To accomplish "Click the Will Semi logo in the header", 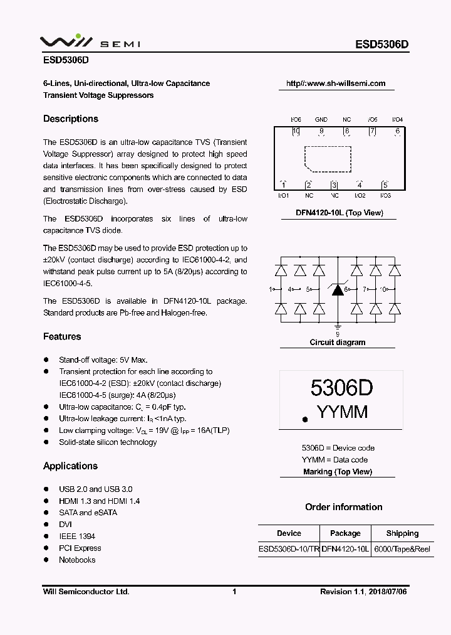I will [x=90, y=42].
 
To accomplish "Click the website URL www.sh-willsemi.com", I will [x=335, y=83].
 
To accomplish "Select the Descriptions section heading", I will [x=71, y=119].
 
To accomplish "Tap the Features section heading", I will [x=62, y=336].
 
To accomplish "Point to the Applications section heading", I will [x=70, y=466].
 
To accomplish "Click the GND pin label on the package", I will [x=321, y=119].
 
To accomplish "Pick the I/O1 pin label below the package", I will [x=283, y=196].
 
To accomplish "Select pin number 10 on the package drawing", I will [x=296, y=131].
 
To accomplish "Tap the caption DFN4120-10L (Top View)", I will [x=339, y=213].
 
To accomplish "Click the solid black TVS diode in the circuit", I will [x=338, y=289].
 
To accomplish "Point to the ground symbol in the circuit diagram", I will [x=338, y=328].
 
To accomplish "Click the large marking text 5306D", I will [x=341, y=388].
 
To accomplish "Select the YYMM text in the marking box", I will [x=342, y=412].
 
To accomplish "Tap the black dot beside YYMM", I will [x=304, y=419].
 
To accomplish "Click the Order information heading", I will [x=343, y=507].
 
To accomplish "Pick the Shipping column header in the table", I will [x=402, y=533].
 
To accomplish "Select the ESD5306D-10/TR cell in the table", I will [x=289, y=548].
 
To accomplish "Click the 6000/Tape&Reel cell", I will [x=402, y=548].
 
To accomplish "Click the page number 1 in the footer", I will [x=234, y=591].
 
